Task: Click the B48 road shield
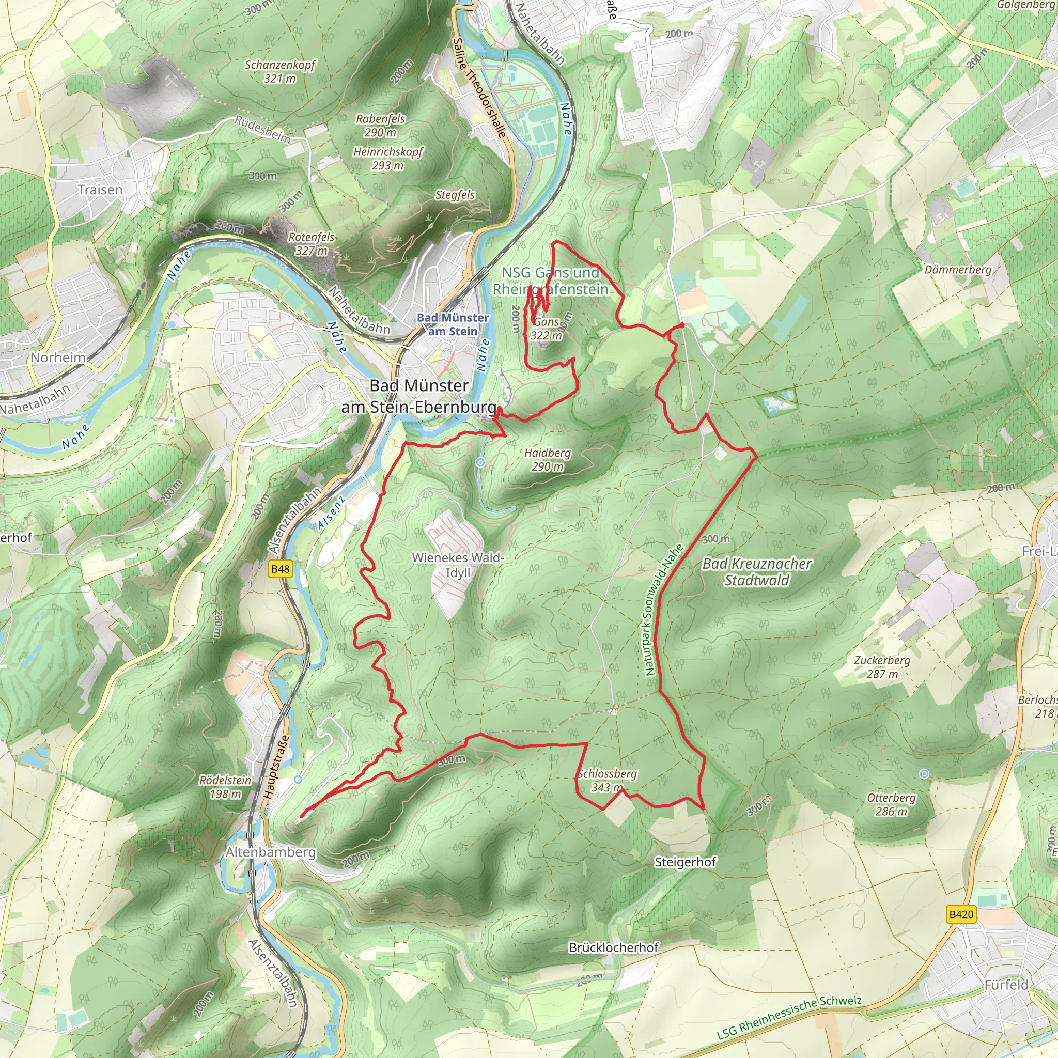[280, 569]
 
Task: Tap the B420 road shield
[961, 914]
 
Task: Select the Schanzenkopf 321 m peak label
[280, 72]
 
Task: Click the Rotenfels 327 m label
[312, 244]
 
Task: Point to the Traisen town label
[100, 190]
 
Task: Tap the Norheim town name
[58, 357]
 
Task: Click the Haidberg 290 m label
[547, 459]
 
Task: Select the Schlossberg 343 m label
[607, 781]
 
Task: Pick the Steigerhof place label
[685, 863]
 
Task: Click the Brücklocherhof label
[613, 947]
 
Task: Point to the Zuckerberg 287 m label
[882, 667]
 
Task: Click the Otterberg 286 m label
[891, 804]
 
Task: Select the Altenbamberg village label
[271, 852]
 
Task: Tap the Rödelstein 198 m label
[225, 787]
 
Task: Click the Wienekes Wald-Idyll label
[458, 565]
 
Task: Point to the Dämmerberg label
[958, 270]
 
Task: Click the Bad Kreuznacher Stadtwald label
[757, 572]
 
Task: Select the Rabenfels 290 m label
[381, 126]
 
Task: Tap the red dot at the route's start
[682, 325]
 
